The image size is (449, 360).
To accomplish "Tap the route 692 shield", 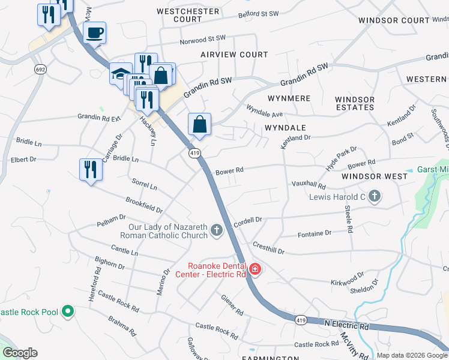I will tap(40, 70).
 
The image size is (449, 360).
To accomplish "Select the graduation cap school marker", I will tap(120, 74).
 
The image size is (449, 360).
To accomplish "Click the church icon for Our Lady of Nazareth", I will tap(216, 230).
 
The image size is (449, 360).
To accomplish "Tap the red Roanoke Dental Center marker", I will tap(255, 269).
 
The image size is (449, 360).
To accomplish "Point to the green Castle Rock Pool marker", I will tap(68, 311).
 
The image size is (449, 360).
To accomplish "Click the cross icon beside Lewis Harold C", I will tap(374, 196).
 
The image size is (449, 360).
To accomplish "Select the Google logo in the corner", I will tap(20, 353).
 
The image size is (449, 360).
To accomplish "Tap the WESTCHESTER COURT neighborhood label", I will tap(179, 15).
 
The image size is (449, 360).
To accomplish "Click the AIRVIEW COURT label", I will tap(234, 55).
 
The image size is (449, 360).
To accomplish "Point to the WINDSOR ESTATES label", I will tap(355, 103).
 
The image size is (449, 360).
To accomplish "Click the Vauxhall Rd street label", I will tap(308, 185).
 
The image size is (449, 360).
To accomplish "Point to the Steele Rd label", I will tap(348, 219).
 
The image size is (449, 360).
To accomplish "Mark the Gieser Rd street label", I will tap(232, 305).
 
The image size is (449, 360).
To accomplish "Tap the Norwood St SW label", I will tap(203, 40).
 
